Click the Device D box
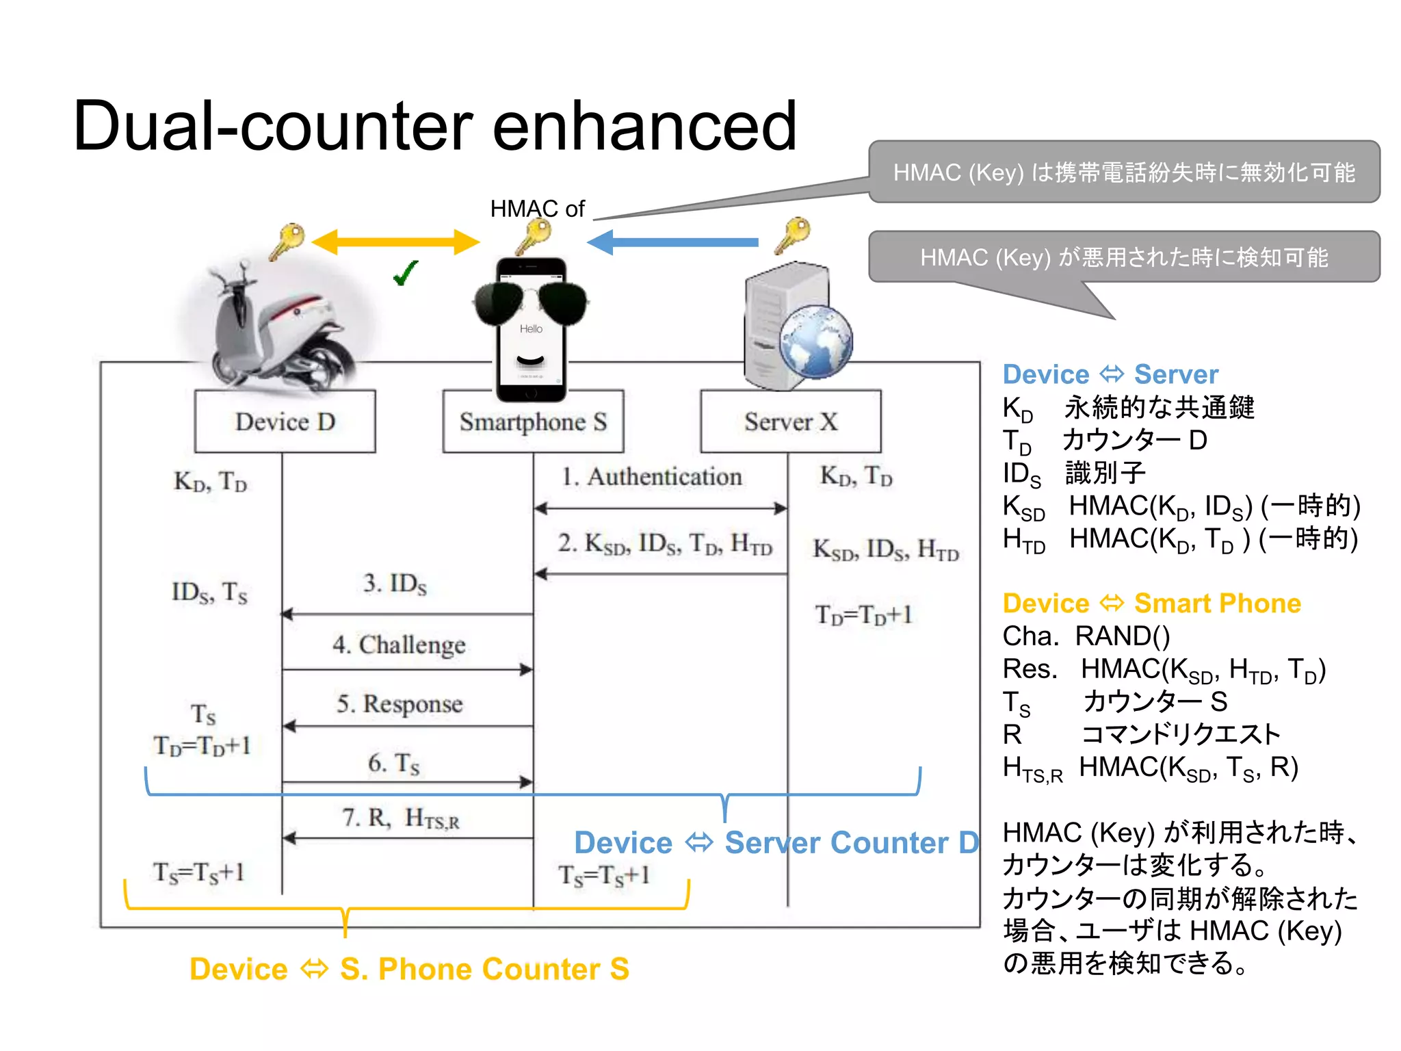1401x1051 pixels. pyautogui.click(x=285, y=421)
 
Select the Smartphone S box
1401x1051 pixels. pyautogui.click(x=533, y=421)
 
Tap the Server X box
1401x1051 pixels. pyautogui.click(x=790, y=421)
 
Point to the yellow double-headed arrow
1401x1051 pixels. pyautogui.click(x=395, y=242)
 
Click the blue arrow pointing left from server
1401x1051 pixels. pyautogui.click(x=673, y=242)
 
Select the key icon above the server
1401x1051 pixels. pyautogui.click(x=794, y=235)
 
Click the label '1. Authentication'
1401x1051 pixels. pyautogui.click(x=651, y=476)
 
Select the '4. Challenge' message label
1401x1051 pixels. pyautogui.click(x=399, y=645)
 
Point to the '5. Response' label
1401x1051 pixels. pyautogui.click(x=400, y=703)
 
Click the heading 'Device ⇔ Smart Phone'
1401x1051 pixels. pyautogui.click(x=1151, y=604)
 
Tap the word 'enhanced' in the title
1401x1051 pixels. pyautogui.click(x=644, y=126)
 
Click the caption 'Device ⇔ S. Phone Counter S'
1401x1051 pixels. pyautogui.click(x=409, y=969)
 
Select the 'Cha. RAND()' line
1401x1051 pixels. pyautogui.click(x=1086, y=636)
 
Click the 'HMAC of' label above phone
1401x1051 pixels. pyautogui.click(x=537, y=209)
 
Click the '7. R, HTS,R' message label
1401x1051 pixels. pyautogui.click(x=401, y=818)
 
